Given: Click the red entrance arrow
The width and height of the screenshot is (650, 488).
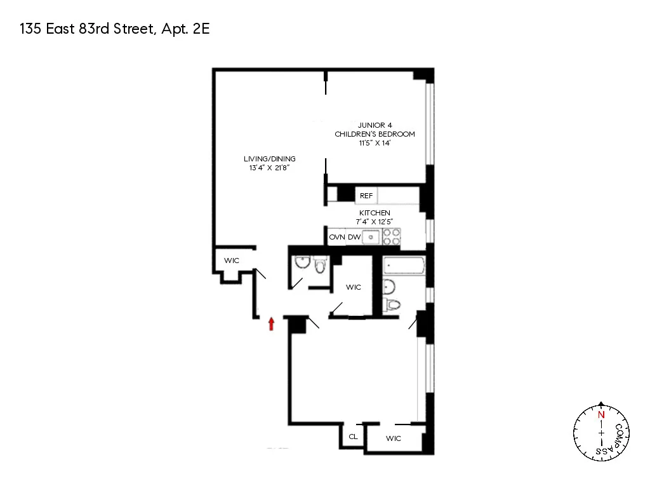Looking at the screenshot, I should click(272, 324).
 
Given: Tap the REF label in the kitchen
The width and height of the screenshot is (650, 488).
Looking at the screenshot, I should click(366, 196).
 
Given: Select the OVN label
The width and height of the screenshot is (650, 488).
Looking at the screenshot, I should click(336, 237).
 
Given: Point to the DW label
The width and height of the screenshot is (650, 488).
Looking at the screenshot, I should click(354, 237).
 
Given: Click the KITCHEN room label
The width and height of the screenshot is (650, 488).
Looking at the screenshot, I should click(375, 212).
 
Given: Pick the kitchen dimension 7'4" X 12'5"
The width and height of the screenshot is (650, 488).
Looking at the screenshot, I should click(375, 221).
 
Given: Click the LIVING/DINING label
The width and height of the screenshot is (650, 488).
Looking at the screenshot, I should click(270, 159).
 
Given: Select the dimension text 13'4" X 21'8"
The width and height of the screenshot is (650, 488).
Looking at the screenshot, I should click(270, 168).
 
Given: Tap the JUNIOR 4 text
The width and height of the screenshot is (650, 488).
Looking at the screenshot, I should click(375, 125).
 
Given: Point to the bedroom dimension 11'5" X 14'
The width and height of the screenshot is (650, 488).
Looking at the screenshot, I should click(375, 143).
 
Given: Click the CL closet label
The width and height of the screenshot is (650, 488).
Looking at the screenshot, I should click(353, 437).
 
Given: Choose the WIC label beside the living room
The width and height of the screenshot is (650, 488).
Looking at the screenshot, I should click(231, 261).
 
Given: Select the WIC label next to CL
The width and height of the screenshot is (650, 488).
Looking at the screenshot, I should click(394, 438).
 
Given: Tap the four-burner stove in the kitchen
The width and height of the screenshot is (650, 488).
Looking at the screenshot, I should click(392, 237).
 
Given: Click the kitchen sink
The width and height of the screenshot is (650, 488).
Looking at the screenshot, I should click(371, 237).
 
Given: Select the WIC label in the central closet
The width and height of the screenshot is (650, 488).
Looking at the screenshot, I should click(354, 287).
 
